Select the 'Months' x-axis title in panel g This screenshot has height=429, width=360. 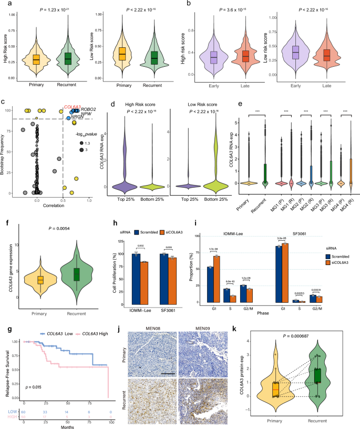coord(63,425)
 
